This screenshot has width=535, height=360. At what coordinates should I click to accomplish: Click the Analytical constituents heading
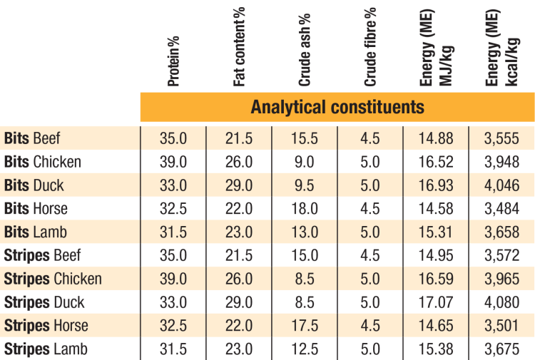[x=337, y=107]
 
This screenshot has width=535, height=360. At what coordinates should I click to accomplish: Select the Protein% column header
[x=173, y=61]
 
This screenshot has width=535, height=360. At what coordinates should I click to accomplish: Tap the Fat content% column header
[x=239, y=47]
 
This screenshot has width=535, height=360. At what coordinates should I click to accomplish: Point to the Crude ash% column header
[x=305, y=50]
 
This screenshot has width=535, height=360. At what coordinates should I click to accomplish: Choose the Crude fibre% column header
[x=370, y=47]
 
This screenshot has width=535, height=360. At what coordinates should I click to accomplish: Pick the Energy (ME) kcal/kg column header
[x=502, y=47]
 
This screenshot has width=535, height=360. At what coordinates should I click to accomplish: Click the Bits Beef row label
[x=32, y=138]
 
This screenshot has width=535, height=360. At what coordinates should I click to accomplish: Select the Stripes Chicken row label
[x=53, y=279]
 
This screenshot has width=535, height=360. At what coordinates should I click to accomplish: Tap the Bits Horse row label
[x=36, y=209]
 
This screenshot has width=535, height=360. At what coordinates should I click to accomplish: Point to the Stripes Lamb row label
[x=46, y=349]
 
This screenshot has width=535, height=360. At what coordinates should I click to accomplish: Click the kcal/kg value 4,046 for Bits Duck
[x=502, y=185]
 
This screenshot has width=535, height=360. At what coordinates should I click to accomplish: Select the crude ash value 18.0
[x=305, y=209]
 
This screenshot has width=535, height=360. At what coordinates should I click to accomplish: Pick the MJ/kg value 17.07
[x=436, y=302]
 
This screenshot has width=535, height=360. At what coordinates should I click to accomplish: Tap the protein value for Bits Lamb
[x=173, y=232]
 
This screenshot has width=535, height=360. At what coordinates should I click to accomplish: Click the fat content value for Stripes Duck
[x=239, y=302]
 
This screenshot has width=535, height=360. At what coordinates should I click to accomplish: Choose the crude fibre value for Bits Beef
[x=370, y=138]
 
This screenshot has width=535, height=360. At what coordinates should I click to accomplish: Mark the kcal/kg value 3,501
[x=502, y=326]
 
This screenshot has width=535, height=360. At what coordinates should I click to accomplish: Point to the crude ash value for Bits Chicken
[x=305, y=162]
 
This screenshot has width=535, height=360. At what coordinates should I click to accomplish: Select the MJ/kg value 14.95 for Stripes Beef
[x=436, y=256]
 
